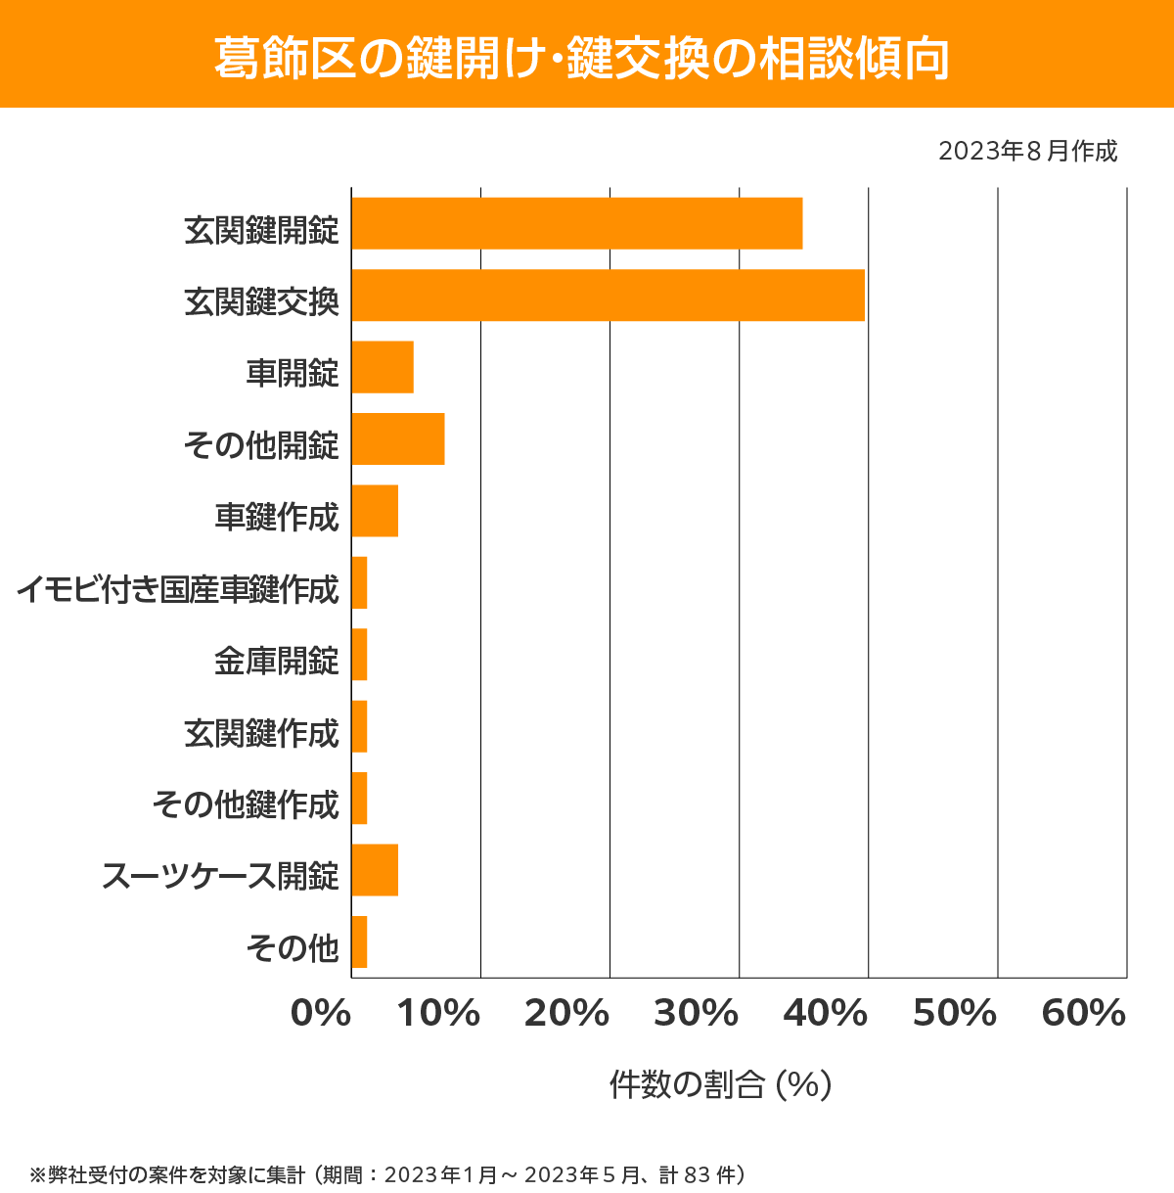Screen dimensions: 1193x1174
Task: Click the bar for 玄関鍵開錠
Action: [x=577, y=223]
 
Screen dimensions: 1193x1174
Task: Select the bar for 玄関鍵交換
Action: [x=608, y=295]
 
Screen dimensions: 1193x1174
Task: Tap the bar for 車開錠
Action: [x=383, y=367]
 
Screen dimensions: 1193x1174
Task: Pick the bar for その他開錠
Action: [x=398, y=438]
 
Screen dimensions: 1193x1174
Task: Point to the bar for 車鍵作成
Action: [x=375, y=511]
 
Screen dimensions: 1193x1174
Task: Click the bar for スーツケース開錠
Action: [x=375, y=870]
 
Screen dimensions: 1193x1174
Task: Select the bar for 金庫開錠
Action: [x=359, y=655]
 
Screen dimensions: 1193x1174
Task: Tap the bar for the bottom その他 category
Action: [x=359, y=941]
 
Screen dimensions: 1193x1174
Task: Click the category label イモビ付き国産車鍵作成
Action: [x=177, y=590]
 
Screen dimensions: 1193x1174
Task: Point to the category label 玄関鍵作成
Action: [x=261, y=733]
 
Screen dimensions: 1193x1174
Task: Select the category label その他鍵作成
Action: [x=246, y=805]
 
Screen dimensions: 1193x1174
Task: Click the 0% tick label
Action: [x=321, y=1014]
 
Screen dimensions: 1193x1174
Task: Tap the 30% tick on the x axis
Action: [x=696, y=1014]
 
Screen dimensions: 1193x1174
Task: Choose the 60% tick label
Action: [x=1084, y=1014]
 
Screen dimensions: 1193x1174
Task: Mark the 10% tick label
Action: [x=438, y=1014]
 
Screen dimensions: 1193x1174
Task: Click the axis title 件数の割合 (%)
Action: [x=720, y=1084]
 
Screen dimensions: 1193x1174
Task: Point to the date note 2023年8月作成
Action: [x=1027, y=152]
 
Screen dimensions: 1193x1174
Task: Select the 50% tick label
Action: [x=954, y=1014]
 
